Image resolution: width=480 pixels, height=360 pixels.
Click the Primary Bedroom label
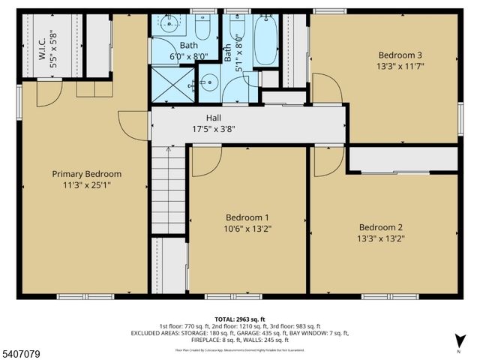[86, 174]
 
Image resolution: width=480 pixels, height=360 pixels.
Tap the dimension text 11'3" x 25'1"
[86, 186]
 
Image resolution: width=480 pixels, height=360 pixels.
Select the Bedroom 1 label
[247, 217]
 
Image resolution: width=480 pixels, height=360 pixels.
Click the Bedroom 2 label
[380, 228]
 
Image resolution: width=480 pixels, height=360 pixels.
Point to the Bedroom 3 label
[400, 55]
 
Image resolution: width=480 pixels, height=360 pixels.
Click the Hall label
[214, 118]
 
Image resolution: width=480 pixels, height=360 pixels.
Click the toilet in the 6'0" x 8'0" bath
[202, 29]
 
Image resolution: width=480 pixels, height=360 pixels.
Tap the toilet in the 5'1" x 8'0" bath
[238, 28]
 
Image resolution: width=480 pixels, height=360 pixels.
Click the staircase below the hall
[168, 191]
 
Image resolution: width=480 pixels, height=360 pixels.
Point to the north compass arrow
[459, 346]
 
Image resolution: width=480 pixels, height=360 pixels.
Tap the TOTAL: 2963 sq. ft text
[239, 319]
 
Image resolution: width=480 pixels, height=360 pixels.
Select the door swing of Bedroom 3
[326, 87]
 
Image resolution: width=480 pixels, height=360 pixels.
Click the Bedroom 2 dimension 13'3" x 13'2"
[380, 240]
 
